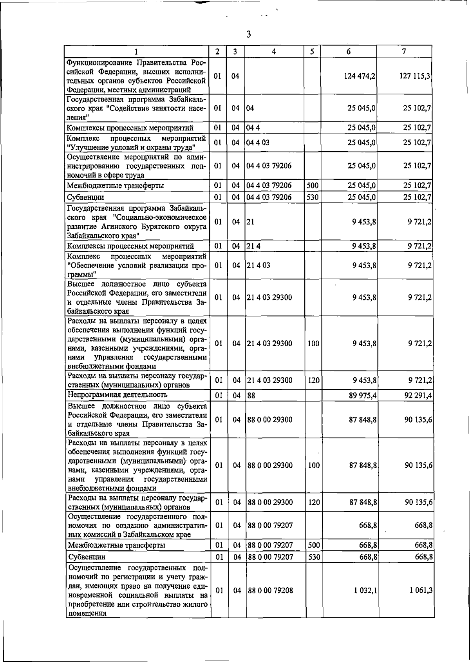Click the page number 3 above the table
coord(248,34)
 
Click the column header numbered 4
coord(274,51)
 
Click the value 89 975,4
coord(363,396)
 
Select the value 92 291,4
coord(418,396)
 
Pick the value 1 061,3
coord(422,590)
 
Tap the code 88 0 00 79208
coord(270,590)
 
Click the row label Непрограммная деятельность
coord(117,394)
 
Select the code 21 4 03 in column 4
coord(258,265)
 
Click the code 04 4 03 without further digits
coord(258,143)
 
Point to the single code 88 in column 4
coord(251,396)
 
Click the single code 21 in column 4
coord(251,222)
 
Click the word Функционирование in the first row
coord(99,63)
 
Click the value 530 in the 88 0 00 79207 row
coord(313,557)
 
